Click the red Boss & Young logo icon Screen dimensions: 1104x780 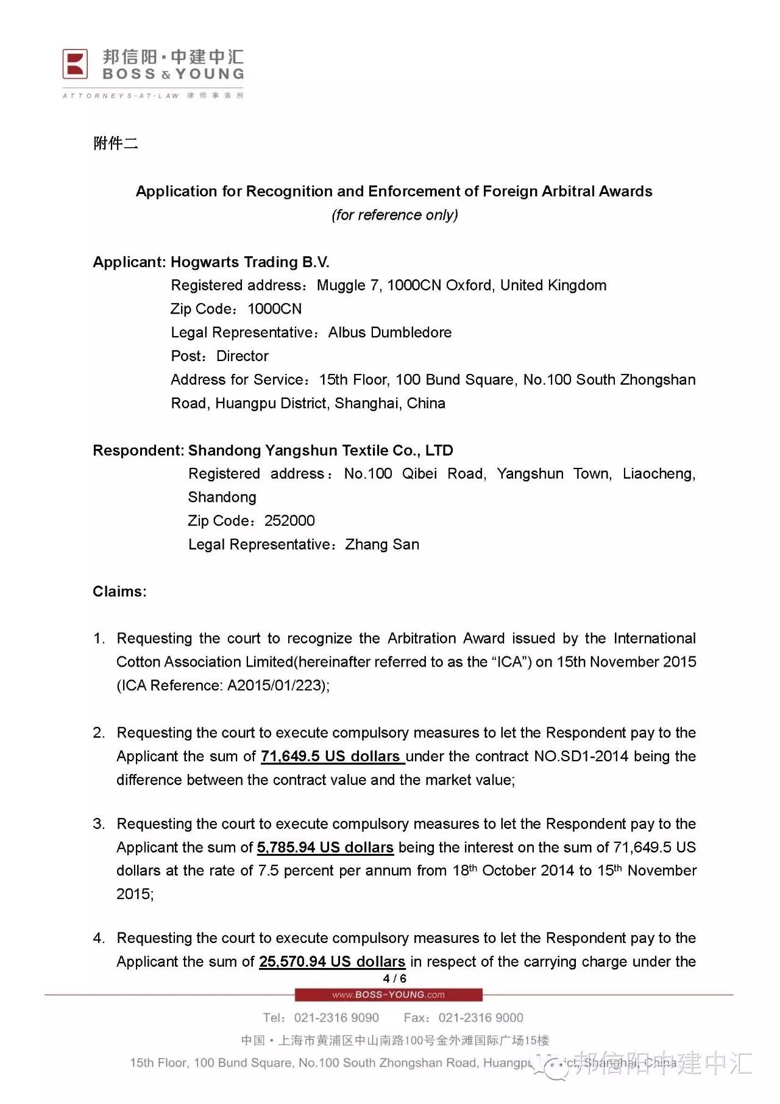[x=75, y=64]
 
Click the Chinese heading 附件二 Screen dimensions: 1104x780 [x=116, y=143]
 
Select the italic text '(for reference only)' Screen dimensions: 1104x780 [x=394, y=215]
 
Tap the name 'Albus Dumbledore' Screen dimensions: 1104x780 [x=390, y=332]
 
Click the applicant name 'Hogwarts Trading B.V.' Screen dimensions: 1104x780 [x=250, y=262]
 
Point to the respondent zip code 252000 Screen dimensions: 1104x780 [x=289, y=521]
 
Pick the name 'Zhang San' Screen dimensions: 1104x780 [x=382, y=545]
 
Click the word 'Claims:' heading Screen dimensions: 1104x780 [x=119, y=592]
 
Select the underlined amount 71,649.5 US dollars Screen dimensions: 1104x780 [x=332, y=756]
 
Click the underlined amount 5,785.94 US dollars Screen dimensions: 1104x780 [x=325, y=847]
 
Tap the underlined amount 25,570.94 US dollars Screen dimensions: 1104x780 [x=332, y=962]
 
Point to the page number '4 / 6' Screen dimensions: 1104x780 [x=394, y=978]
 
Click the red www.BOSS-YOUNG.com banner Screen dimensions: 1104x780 [x=389, y=995]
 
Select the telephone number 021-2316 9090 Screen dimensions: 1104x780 [x=336, y=1017]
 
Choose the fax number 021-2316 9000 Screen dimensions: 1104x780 [x=481, y=1017]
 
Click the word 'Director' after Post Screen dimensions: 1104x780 [x=243, y=356]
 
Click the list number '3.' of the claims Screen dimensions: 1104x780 [x=99, y=824]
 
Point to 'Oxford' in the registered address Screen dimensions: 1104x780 [x=468, y=285]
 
